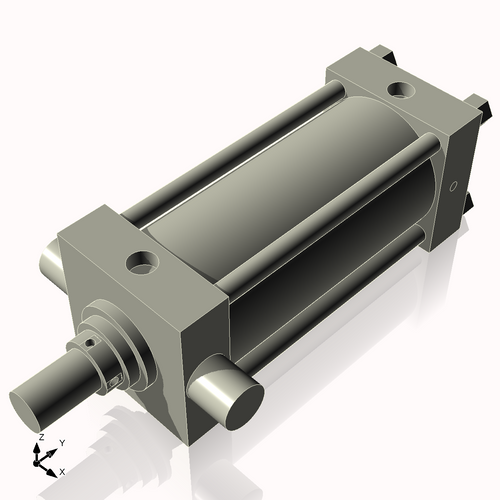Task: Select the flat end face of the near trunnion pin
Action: point(241,403)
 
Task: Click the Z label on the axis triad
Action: point(40,438)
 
